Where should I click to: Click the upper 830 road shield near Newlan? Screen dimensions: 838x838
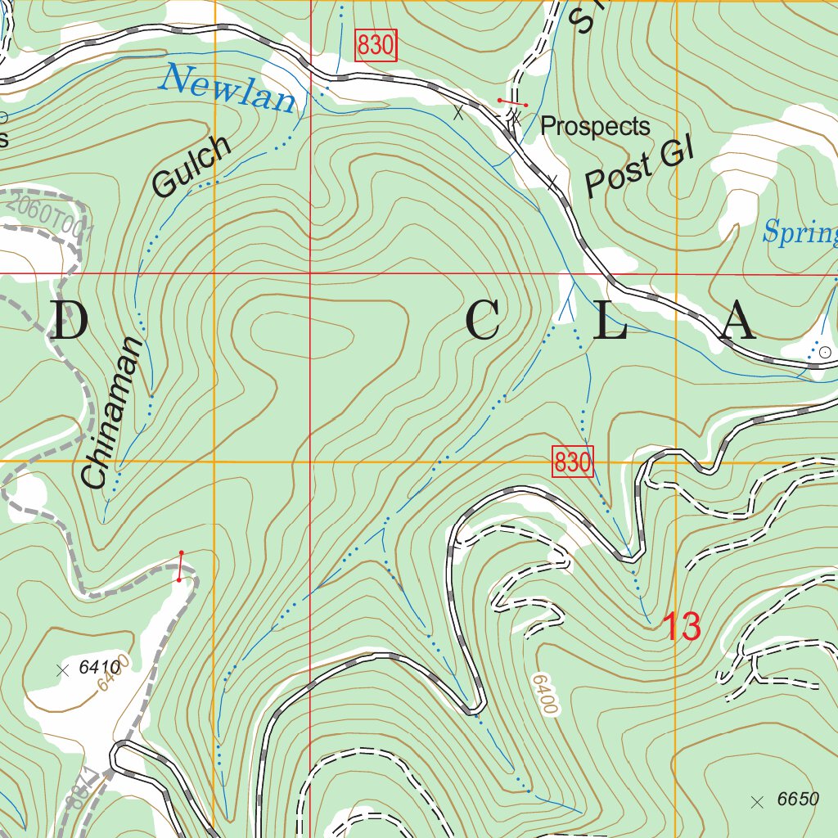pos(376,46)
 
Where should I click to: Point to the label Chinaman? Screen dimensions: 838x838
pos(113,412)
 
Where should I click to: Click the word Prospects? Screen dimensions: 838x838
pos(595,126)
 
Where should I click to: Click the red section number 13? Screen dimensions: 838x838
pos(681,627)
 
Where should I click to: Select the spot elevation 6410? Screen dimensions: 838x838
pos(100,668)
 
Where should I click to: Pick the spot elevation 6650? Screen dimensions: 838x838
pos(797,800)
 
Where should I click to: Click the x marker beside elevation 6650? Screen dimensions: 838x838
pos(757,800)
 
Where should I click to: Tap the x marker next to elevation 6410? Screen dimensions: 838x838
pos(61,669)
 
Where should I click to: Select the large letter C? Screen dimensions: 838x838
pos(483,322)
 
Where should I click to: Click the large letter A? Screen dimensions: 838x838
pos(737,322)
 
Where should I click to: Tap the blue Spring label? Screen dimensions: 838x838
pos(800,233)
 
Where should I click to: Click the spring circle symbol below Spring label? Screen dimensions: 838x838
pos(825,351)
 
